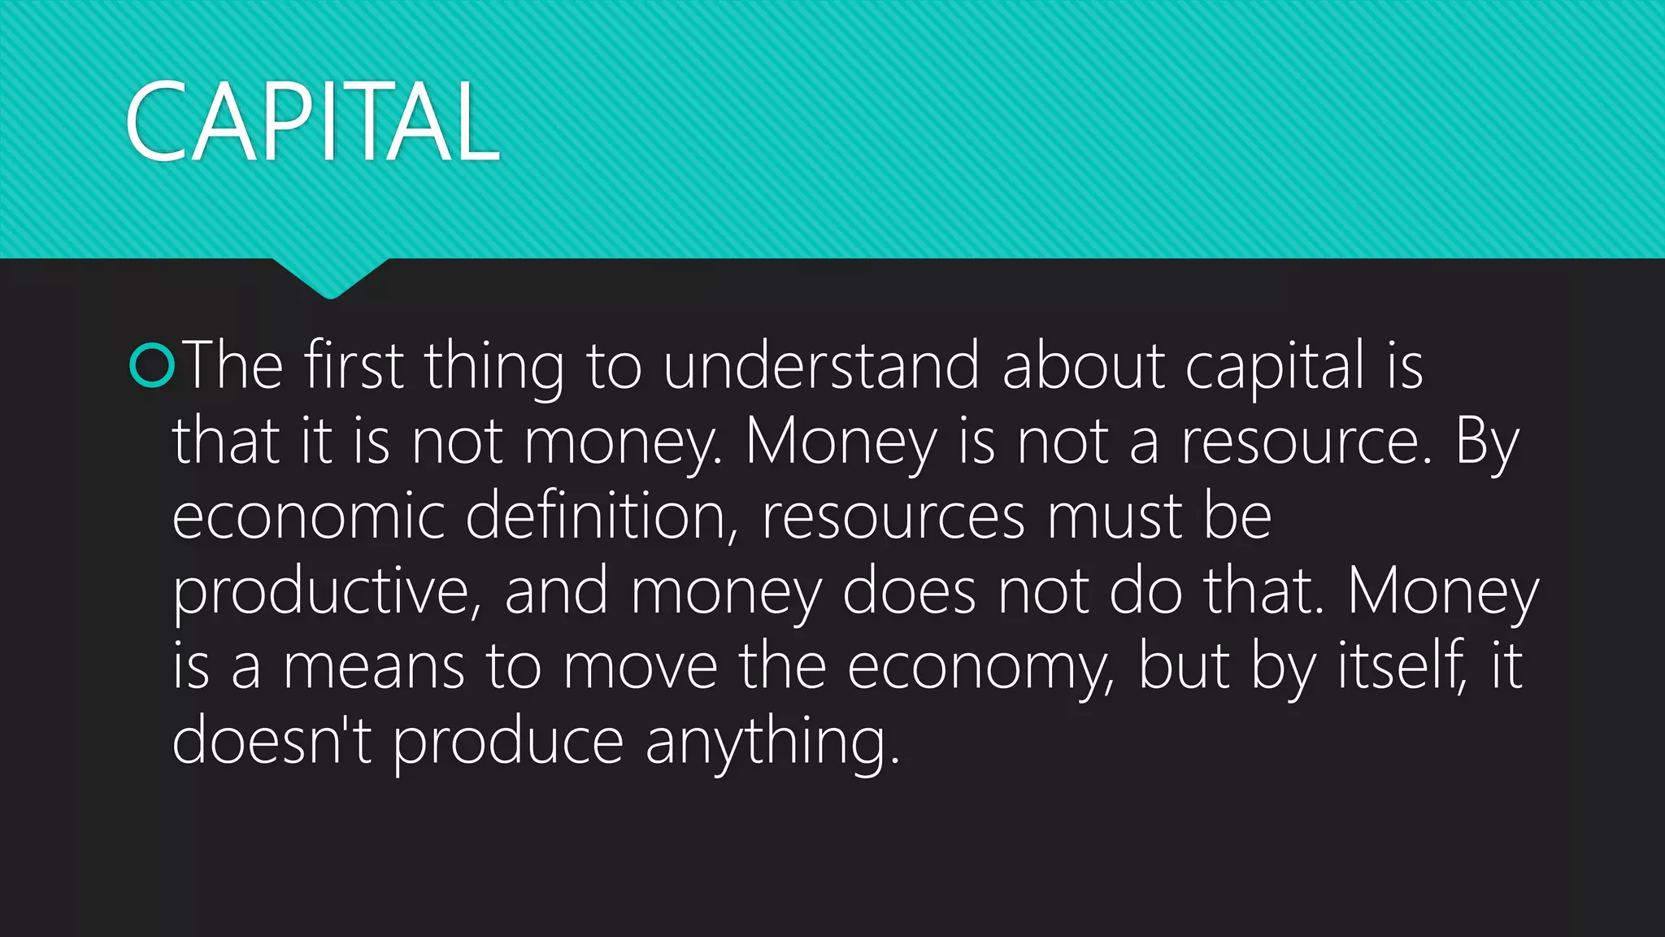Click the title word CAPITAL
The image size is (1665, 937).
point(312,122)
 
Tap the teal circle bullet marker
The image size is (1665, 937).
point(152,365)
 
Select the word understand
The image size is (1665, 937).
point(821,365)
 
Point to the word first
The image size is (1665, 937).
point(354,365)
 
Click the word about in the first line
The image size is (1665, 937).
point(1084,365)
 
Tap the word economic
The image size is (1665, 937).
point(308,516)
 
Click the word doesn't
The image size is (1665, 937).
point(272,740)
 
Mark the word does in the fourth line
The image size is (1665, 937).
point(909,591)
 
